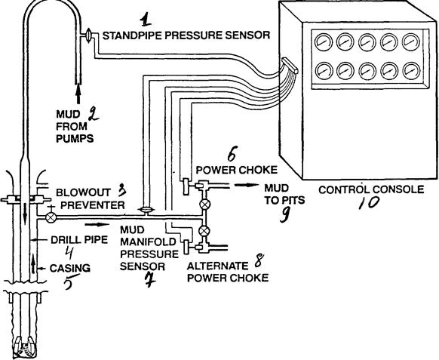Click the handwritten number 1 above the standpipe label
pyautogui.click(x=146, y=19)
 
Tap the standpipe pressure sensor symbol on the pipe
pyautogui.click(x=88, y=35)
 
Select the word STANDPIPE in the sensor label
pyautogui.click(x=135, y=35)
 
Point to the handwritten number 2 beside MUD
pyautogui.click(x=94, y=115)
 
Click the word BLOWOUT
pyautogui.click(x=83, y=192)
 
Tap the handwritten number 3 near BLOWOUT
pyautogui.click(x=121, y=190)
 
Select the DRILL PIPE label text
pyautogui.click(x=79, y=240)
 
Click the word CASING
pyautogui.click(x=70, y=268)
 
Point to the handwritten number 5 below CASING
pyautogui.click(x=70, y=282)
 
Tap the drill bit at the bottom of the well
pyautogui.click(x=25, y=346)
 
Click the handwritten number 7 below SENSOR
pyautogui.click(x=150, y=280)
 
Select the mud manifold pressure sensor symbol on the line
pyautogui.click(x=146, y=210)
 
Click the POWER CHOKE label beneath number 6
pyautogui.click(x=237, y=170)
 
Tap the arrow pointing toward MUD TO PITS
pyautogui.click(x=247, y=185)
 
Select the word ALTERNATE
pyautogui.click(x=217, y=266)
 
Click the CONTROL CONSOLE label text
pyautogui.click(x=371, y=189)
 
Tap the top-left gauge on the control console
pyautogui.click(x=323, y=42)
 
